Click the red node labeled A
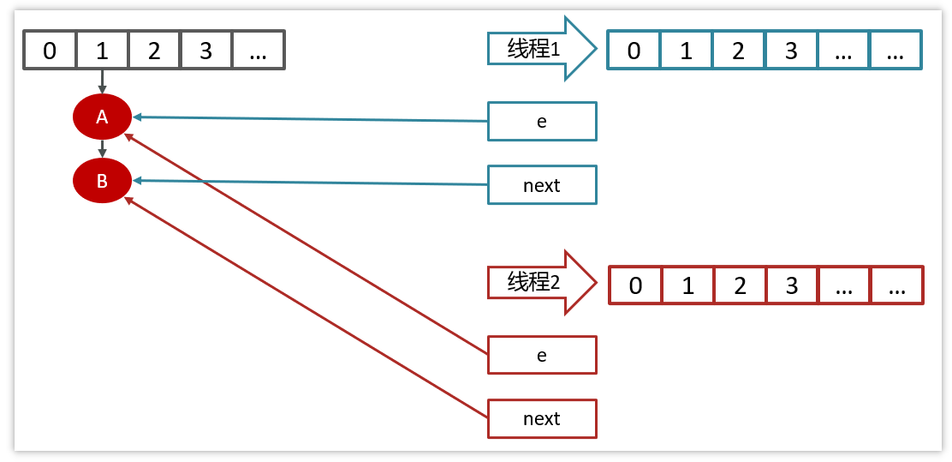tap(102, 117)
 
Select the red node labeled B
tap(102, 181)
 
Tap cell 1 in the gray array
tap(102, 51)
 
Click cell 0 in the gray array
tap(50, 51)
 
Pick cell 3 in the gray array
tap(206, 51)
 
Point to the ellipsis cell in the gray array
tap(258, 51)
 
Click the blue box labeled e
tap(542, 121)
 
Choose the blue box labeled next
tap(542, 185)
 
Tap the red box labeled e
tap(542, 355)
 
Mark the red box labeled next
tap(542, 419)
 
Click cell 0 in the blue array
tap(634, 51)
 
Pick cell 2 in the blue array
tap(739, 51)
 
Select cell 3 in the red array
tap(792, 285)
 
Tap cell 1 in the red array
tap(687, 285)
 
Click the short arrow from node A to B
tap(102, 148)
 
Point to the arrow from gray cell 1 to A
tap(102, 81)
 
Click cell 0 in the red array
tap(635, 285)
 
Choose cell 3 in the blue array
tap(791, 51)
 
